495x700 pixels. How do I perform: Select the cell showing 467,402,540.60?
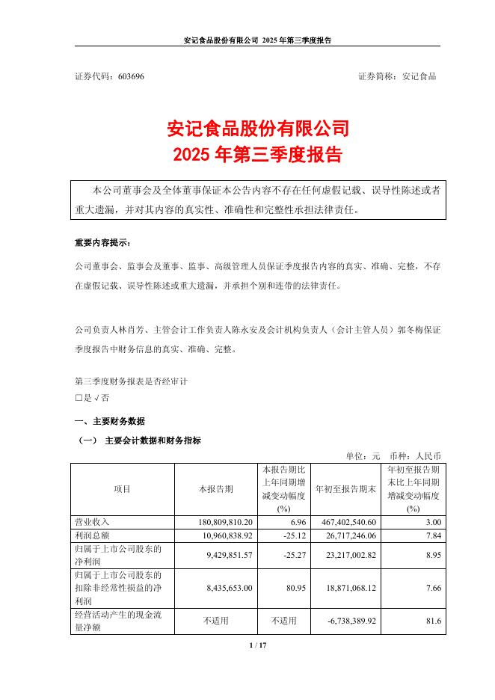point(345,521)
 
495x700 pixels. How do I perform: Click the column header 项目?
point(123,489)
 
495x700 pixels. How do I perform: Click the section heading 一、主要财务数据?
point(110,421)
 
